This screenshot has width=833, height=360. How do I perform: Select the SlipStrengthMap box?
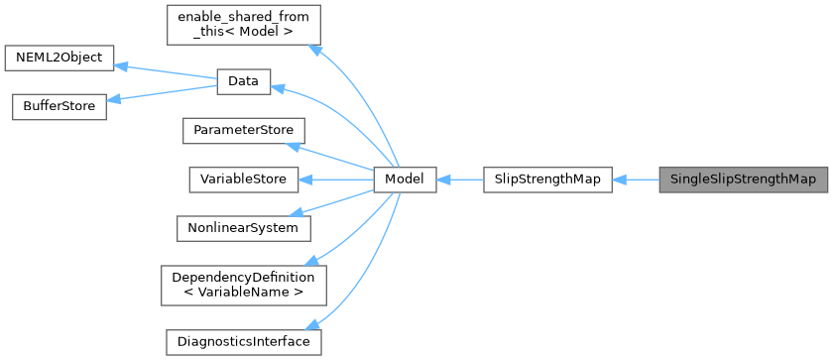click(546, 180)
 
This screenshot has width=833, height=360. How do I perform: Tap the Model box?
click(405, 180)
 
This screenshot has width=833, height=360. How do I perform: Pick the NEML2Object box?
click(59, 58)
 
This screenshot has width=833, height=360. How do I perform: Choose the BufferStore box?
click(59, 107)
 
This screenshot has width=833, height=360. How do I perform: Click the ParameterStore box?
click(243, 131)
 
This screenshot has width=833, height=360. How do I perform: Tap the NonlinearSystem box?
click(243, 227)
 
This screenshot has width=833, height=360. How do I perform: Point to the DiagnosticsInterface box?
click(243, 341)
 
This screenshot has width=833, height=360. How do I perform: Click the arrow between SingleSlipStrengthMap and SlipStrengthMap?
click(636, 180)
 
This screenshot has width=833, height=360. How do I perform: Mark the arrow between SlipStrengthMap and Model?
click(459, 180)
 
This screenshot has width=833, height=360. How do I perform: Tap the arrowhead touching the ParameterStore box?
click(293, 145)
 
